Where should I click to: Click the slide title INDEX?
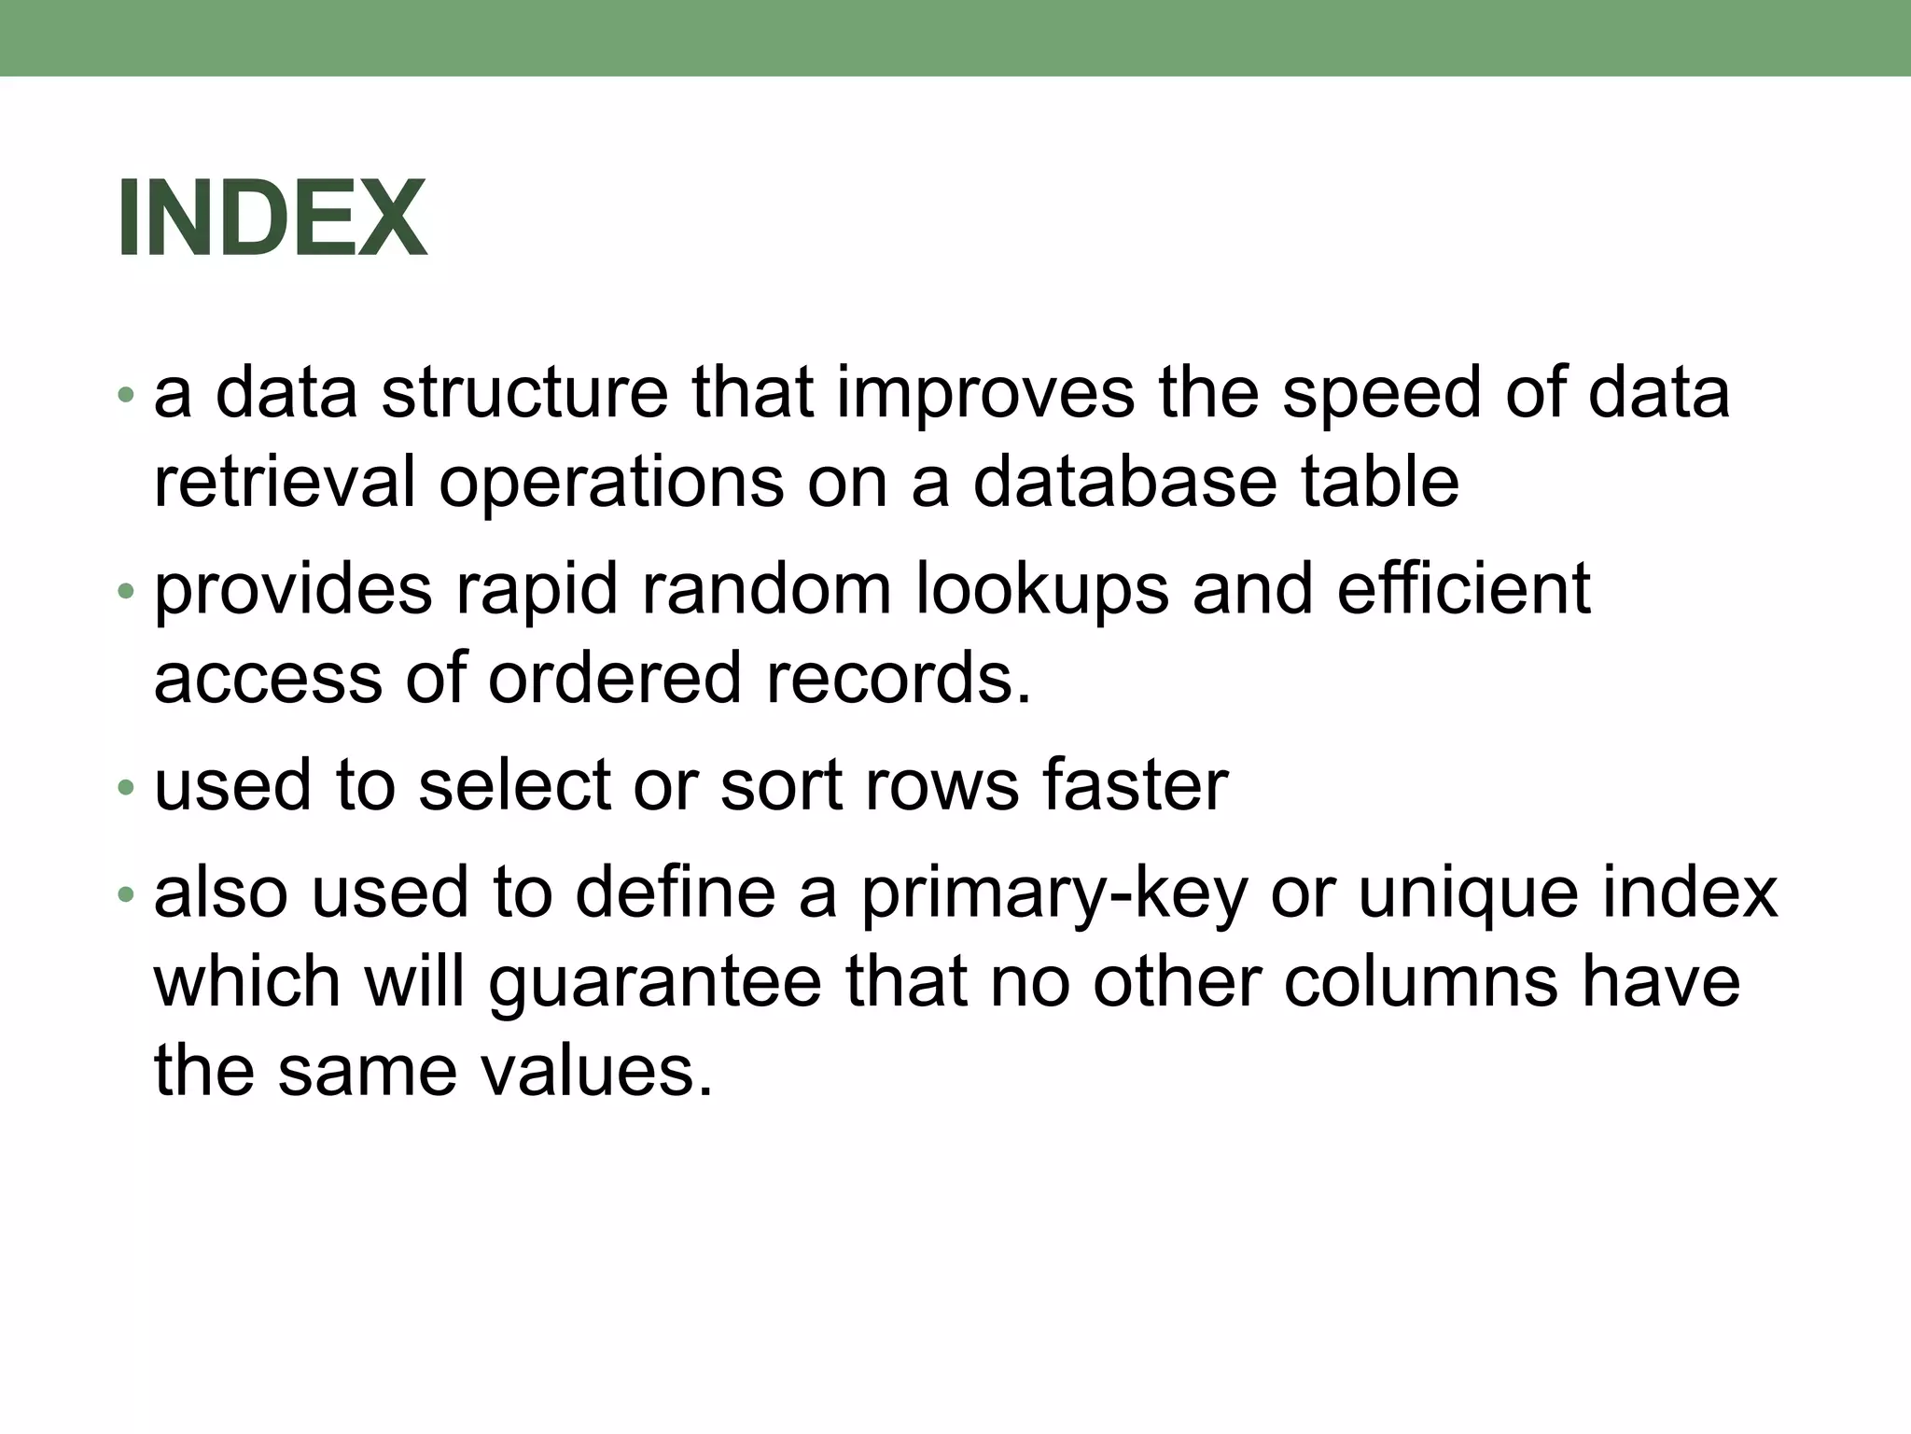(x=272, y=218)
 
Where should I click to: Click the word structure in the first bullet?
(x=524, y=393)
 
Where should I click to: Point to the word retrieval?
(x=284, y=482)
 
